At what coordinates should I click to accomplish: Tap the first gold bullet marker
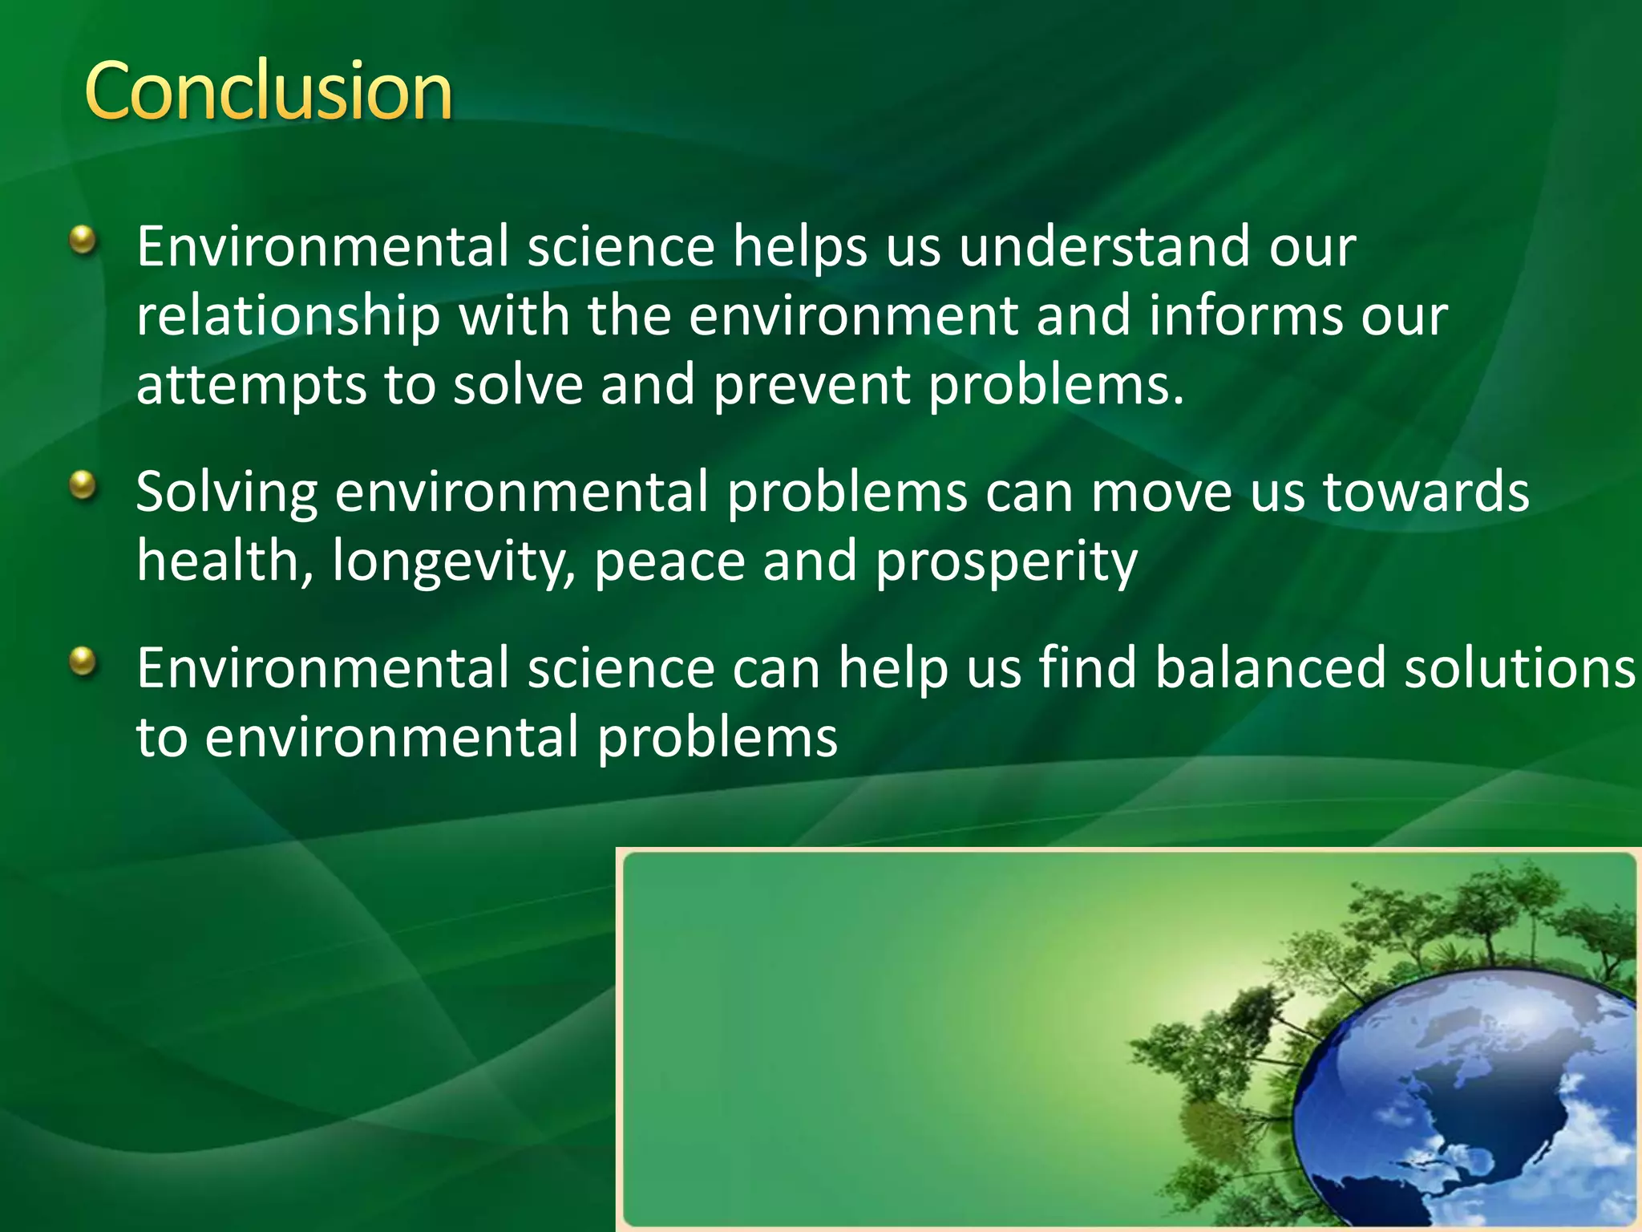[83, 240]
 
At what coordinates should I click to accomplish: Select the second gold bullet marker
[83, 485]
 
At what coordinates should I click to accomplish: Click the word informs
[1245, 315]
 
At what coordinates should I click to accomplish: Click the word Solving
[227, 492]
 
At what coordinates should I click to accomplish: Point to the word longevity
[454, 561]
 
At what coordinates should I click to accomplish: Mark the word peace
[669, 561]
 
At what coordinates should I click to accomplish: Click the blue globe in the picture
[1467, 1107]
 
